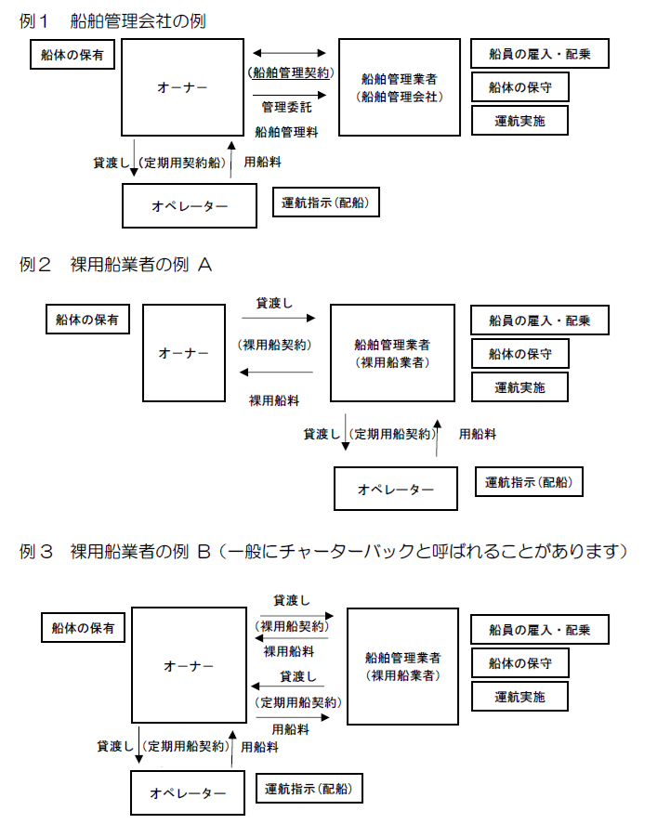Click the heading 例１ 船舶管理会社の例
112,21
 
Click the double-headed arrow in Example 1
289,53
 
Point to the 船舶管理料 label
286,132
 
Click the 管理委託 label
286,107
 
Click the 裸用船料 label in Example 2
274,401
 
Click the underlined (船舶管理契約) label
291,73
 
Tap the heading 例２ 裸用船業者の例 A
115,265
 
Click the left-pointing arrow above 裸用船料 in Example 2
276,373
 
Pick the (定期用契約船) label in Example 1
182,163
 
